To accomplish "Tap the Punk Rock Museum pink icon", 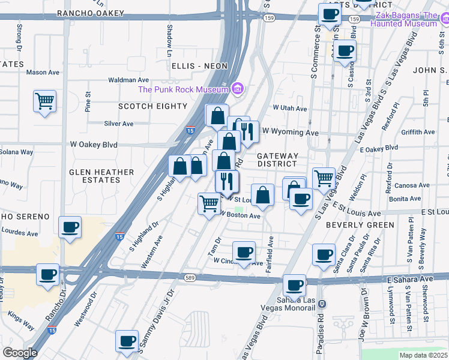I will click(238, 89).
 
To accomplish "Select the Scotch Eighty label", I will click(152, 106).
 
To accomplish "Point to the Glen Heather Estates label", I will click(101, 176).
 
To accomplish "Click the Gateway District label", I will click(277, 160).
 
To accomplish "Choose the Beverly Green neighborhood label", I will click(360, 225).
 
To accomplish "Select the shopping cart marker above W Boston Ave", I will click(208, 203).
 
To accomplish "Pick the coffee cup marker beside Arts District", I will click(328, 14).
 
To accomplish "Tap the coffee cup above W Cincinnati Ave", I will click(244, 252).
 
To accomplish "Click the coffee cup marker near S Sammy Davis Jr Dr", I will click(127, 341).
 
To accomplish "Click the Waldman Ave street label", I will click(128, 80).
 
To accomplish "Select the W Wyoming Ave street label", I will click(290, 131).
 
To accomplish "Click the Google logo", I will click(20, 353).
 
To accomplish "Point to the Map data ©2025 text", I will click(423, 355).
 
